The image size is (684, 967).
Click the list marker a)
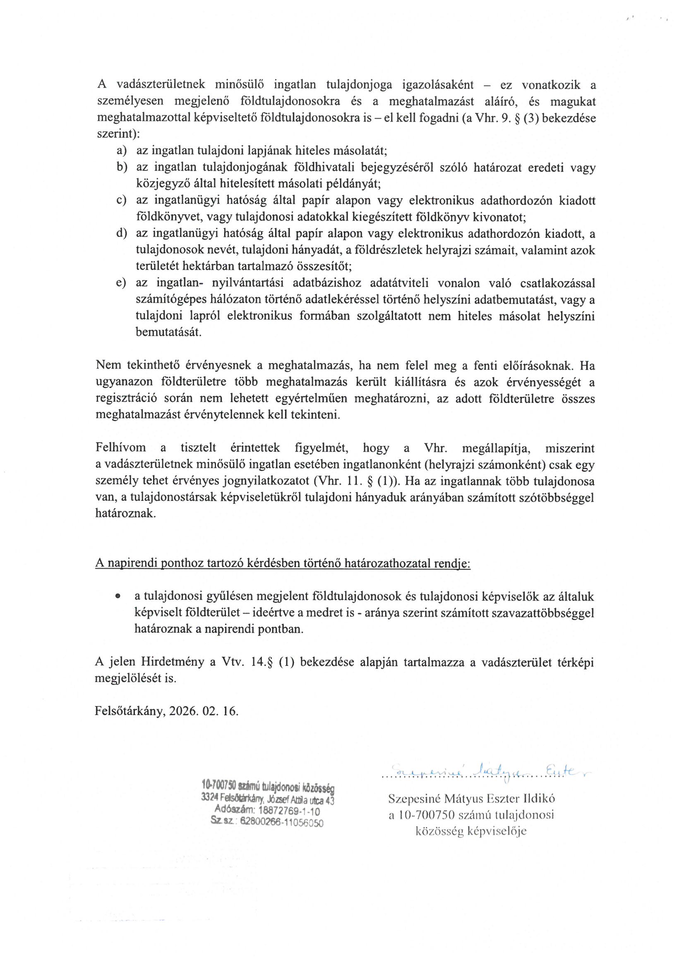(x=122, y=151)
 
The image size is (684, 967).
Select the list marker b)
(x=122, y=168)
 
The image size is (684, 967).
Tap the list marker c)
(x=122, y=201)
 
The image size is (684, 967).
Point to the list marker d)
(x=122, y=233)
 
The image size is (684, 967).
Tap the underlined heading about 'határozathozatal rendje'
(x=282, y=565)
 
